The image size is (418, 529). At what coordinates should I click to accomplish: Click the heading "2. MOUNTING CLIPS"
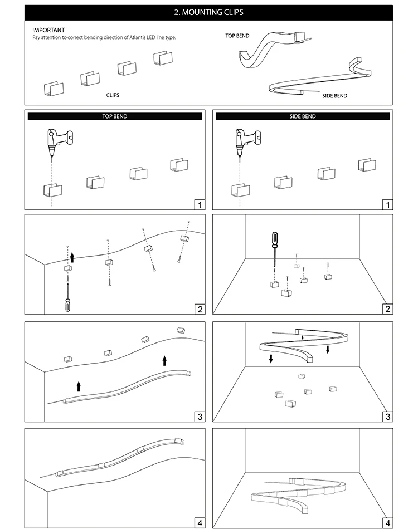point(208,12)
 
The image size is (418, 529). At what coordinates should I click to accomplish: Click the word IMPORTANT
point(48,30)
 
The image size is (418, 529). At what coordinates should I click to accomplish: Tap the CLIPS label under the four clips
point(113,95)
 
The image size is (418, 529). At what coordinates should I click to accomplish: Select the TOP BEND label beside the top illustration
point(237,36)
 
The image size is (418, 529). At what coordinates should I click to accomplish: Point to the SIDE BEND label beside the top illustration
point(334,96)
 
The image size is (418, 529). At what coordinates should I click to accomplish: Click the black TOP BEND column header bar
point(115,116)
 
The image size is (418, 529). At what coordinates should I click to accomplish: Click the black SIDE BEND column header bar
point(303,116)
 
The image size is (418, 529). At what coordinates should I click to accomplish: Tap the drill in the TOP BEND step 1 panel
point(60,139)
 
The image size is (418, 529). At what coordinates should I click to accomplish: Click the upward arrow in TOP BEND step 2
point(71,257)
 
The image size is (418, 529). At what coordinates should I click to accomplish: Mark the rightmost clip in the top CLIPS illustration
point(162,57)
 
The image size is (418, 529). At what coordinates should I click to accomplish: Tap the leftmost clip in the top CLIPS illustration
point(54,89)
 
